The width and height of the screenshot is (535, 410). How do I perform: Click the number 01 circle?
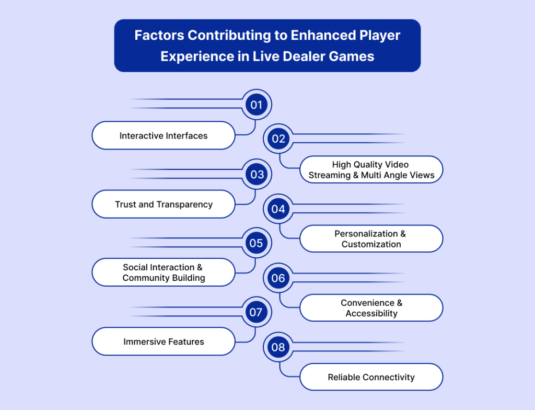(256, 105)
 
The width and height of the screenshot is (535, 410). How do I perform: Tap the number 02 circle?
(278, 139)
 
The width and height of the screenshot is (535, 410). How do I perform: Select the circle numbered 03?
(256, 174)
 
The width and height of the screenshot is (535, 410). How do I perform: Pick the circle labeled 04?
(278, 209)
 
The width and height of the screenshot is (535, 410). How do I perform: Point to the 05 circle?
(256, 243)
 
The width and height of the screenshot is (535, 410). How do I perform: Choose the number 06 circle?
(278, 278)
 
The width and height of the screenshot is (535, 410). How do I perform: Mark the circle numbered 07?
(256, 312)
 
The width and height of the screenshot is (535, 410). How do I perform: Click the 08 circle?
(278, 347)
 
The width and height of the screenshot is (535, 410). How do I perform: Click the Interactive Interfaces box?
(164, 135)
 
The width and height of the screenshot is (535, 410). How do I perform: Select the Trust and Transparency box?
(164, 204)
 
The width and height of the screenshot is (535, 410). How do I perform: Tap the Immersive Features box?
(164, 341)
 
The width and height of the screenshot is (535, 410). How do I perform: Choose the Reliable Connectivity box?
(371, 377)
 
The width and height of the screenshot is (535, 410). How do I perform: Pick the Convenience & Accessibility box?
(371, 308)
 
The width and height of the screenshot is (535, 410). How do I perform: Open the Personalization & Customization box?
(371, 239)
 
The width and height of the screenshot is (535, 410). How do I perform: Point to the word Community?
(144, 278)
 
